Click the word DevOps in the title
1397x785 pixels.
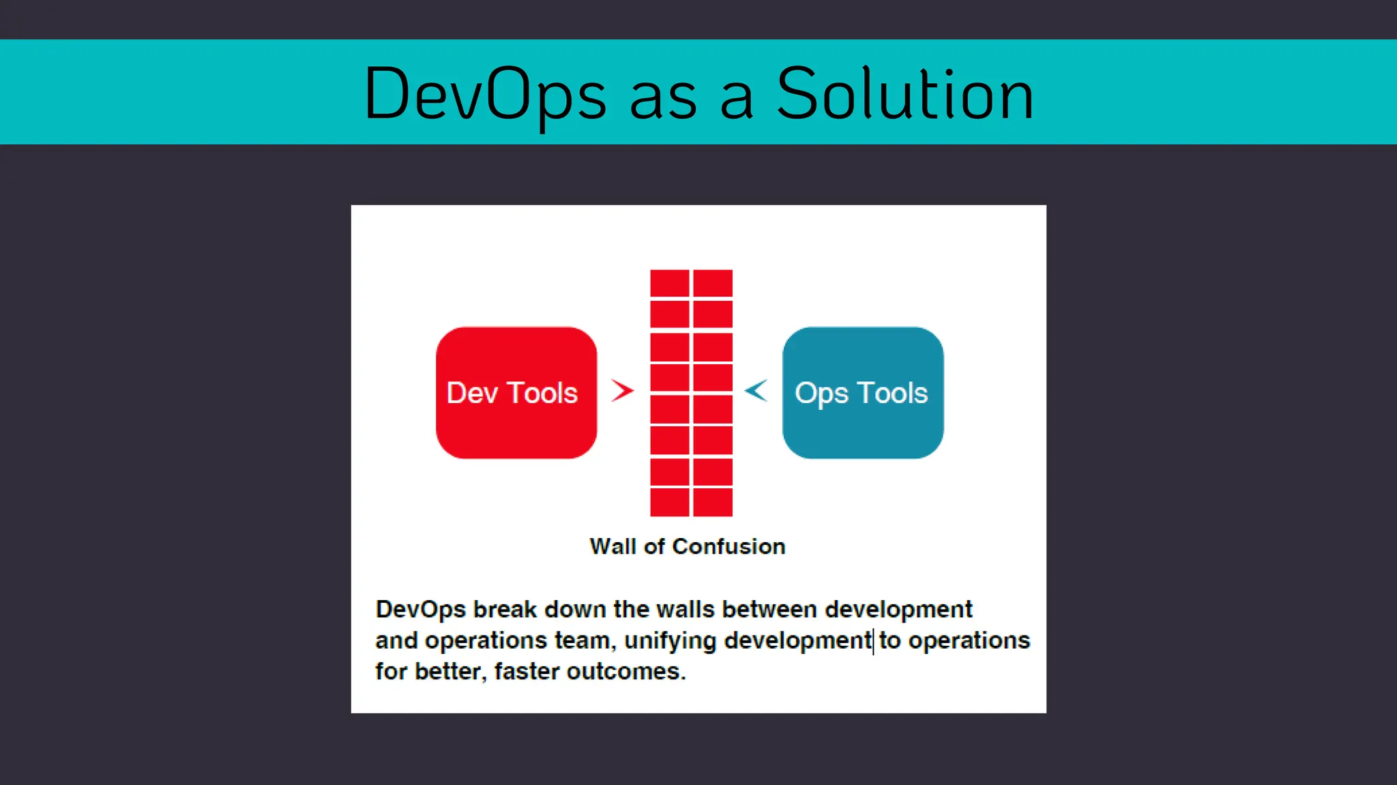(x=485, y=94)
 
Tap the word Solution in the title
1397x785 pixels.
(x=905, y=94)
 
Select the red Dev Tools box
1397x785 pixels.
(x=516, y=392)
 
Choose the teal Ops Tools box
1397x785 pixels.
(x=863, y=392)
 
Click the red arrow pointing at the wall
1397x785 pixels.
(x=622, y=390)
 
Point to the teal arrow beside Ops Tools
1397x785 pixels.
(x=756, y=390)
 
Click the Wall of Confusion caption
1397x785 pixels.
(x=688, y=546)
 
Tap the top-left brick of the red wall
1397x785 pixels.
(x=670, y=283)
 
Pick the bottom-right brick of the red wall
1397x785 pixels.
(x=713, y=503)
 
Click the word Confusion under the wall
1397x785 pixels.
(x=729, y=546)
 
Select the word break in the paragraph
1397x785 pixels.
(x=505, y=609)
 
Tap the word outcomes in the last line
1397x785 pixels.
(x=626, y=672)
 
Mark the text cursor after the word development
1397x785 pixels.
(x=874, y=641)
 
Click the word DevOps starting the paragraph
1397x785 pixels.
(x=420, y=609)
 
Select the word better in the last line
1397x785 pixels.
(x=450, y=671)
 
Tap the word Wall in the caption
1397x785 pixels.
(x=613, y=546)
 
